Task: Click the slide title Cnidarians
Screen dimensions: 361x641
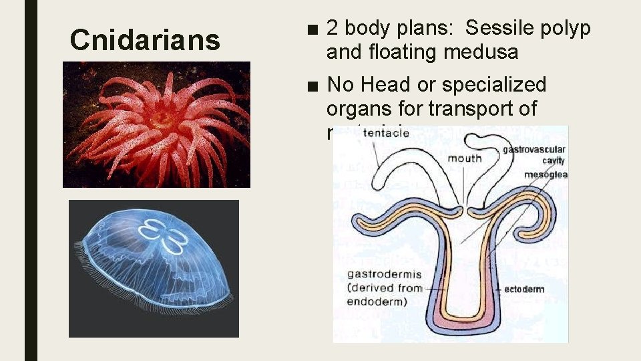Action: (x=145, y=40)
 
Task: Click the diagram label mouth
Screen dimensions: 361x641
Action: (x=464, y=158)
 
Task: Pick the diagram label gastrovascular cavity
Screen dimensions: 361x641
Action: (x=533, y=154)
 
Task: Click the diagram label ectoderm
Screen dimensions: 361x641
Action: (x=524, y=289)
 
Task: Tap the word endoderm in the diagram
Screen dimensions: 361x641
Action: (x=374, y=302)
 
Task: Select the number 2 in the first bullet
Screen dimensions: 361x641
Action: (x=332, y=29)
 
